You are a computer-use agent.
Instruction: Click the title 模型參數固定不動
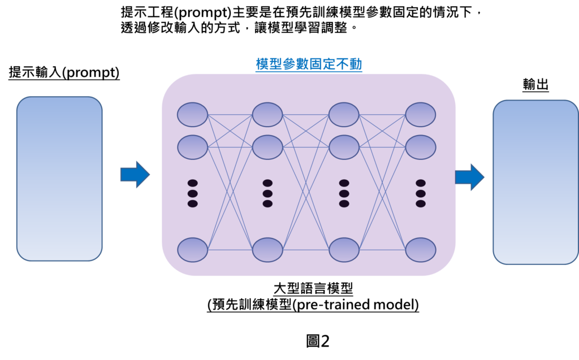(309, 64)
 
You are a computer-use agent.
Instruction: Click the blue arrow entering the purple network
(135, 174)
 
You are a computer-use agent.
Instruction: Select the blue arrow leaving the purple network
(470, 177)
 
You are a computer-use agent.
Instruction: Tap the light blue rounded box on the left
(59, 179)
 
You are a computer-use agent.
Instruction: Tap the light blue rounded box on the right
(535, 182)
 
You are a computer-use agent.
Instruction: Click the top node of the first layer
(192, 115)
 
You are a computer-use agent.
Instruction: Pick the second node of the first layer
(192, 148)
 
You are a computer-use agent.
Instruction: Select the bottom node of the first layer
(192, 250)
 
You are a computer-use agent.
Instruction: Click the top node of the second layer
(267, 115)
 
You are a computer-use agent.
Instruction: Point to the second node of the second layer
(267, 148)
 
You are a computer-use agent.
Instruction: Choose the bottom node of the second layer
(267, 250)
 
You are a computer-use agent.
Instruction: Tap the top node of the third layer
(344, 115)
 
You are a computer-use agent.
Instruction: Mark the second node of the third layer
(344, 148)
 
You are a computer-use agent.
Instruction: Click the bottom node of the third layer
(344, 250)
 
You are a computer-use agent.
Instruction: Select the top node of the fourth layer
(421, 115)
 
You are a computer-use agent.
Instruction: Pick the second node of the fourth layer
(421, 148)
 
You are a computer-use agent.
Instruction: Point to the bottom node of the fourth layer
(421, 250)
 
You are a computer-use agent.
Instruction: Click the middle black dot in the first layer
(192, 193)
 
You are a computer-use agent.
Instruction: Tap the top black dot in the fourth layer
(421, 183)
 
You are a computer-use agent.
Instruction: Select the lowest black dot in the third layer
(344, 203)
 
